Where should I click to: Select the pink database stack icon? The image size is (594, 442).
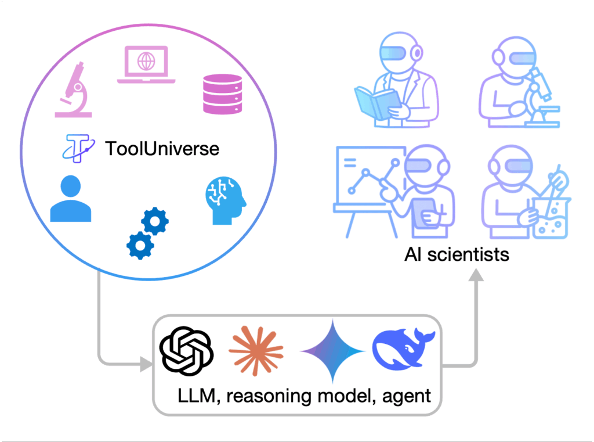[222, 94]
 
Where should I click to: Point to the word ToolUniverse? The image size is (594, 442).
[162, 149]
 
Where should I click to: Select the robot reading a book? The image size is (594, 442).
[393, 87]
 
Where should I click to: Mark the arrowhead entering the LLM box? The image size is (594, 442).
[145, 365]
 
